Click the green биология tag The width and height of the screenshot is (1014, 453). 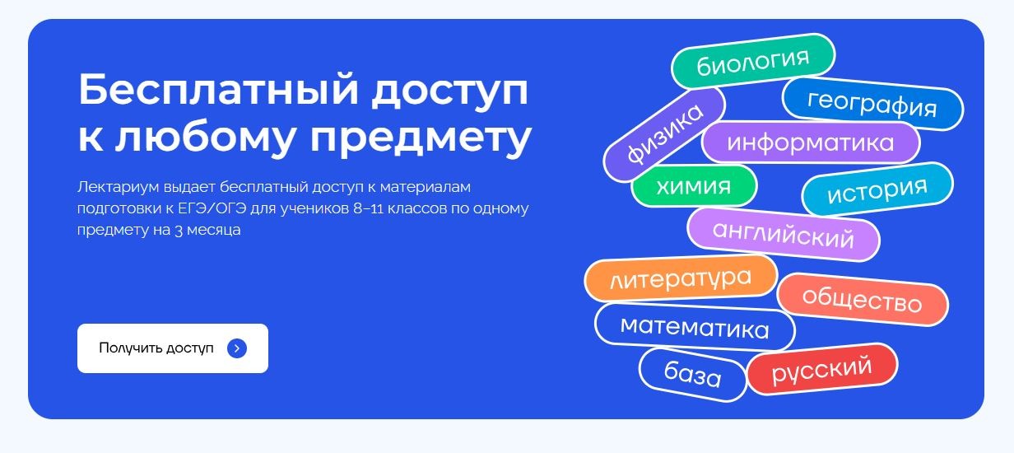coord(753,61)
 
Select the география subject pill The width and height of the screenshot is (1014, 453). coord(872,104)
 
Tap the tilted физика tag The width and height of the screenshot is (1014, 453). coord(664,134)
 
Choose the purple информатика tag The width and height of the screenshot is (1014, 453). coord(811,142)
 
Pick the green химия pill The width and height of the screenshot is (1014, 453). coord(694,186)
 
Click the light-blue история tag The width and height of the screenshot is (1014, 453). coord(877,189)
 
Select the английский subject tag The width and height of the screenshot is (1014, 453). coord(784,235)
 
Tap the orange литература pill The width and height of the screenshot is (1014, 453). coord(681,278)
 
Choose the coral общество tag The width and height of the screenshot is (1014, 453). coord(863,300)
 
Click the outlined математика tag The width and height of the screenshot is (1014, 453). coord(695,327)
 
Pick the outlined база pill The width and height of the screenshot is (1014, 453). coord(693,375)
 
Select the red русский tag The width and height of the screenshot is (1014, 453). coord(822,369)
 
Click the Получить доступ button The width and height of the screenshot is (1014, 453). coord(173,348)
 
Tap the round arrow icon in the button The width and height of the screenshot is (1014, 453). coord(237,348)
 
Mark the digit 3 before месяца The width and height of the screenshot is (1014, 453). coord(179,231)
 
